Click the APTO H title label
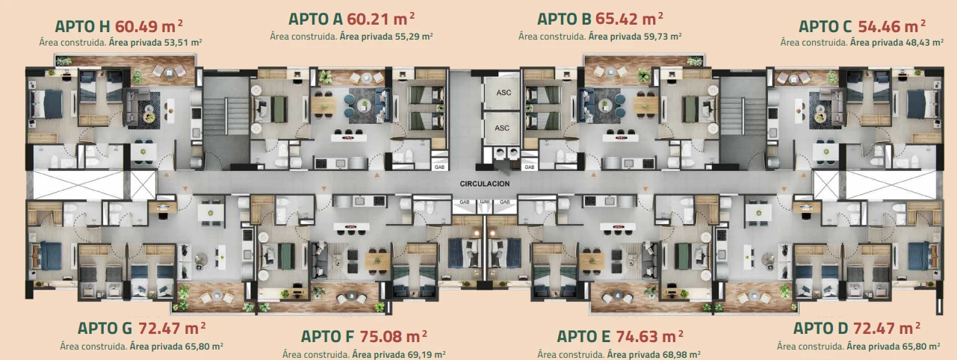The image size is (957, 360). [x=82, y=26]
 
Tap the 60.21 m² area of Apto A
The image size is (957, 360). [x=381, y=19]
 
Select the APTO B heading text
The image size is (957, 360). [x=564, y=19]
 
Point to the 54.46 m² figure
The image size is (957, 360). [x=892, y=26]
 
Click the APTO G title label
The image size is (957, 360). [x=105, y=329]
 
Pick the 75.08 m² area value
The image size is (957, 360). [x=393, y=337]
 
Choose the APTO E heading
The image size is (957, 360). [x=583, y=337]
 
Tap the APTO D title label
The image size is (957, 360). [x=821, y=329]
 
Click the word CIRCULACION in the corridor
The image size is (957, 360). [x=485, y=184]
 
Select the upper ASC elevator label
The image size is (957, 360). [x=504, y=93]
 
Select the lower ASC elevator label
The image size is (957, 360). [x=502, y=128]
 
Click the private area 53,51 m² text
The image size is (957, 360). [x=155, y=43]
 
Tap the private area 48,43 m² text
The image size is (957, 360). [x=896, y=43]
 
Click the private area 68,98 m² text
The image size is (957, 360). [x=654, y=355]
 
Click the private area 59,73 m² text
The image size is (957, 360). [x=635, y=37]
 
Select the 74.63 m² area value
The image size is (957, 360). [x=649, y=337]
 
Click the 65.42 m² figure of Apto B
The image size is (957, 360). [x=629, y=19]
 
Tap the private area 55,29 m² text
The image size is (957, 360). [x=386, y=37]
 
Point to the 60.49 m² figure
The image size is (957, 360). [x=149, y=26]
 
